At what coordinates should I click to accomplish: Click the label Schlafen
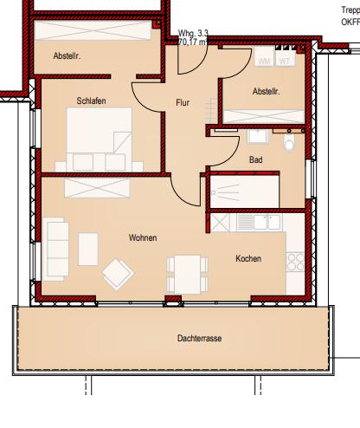(x=91, y=101)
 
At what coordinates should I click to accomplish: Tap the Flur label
(x=183, y=103)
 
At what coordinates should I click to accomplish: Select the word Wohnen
(x=143, y=237)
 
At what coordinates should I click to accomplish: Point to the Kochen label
(x=248, y=258)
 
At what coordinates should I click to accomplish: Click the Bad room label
(x=256, y=160)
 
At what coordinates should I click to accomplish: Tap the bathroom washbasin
(x=257, y=136)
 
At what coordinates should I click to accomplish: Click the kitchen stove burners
(x=296, y=260)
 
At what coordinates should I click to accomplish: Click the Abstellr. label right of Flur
(x=267, y=92)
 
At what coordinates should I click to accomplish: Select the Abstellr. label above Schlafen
(x=66, y=57)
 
